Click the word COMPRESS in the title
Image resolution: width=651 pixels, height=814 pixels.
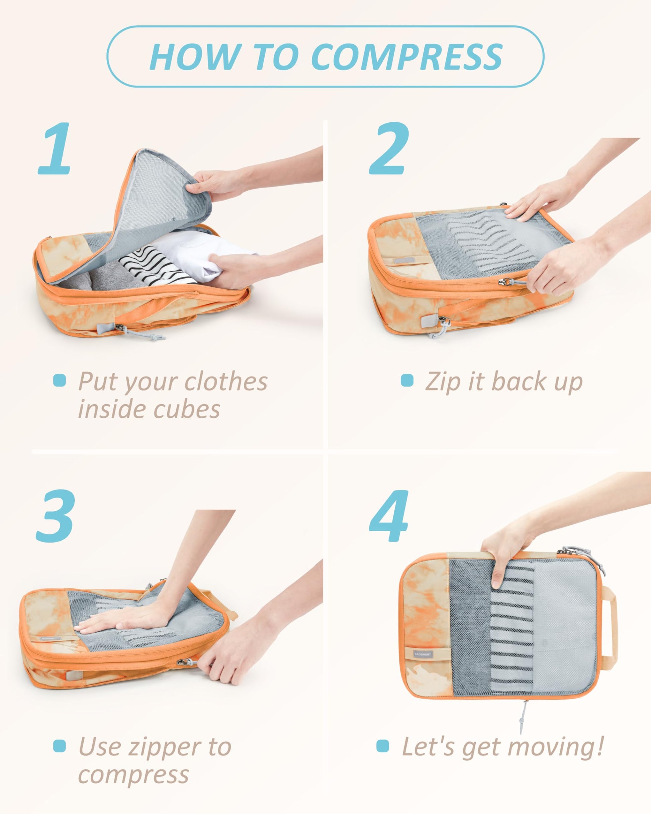[x=408, y=57]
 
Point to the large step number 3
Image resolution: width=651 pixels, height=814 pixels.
[x=56, y=517]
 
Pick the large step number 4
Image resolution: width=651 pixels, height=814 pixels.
[x=389, y=517]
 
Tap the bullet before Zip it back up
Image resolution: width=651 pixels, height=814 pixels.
[x=407, y=380]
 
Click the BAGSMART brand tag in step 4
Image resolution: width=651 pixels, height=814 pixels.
[x=423, y=653]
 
